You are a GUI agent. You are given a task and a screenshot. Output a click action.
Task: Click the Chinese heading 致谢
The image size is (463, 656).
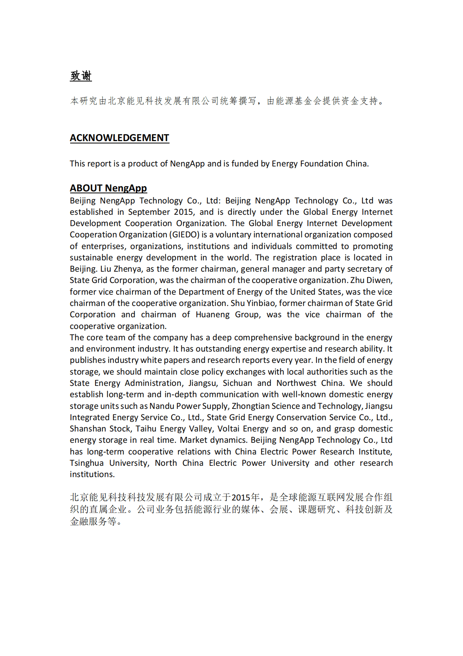pyautogui.click(x=81, y=76)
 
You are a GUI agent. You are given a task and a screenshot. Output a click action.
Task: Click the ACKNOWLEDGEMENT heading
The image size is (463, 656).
pyautogui.click(x=119, y=138)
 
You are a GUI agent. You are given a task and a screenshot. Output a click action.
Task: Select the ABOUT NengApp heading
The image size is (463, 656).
pyautogui.click(x=108, y=188)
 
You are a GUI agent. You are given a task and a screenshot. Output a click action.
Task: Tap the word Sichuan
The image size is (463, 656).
pyautogui.click(x=237, y=383)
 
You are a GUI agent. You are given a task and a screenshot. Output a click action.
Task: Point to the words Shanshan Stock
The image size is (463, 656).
pyautogui.click(x=100, y=429)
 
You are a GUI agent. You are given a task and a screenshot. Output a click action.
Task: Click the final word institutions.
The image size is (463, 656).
pyautogui.click(x=92, y=474)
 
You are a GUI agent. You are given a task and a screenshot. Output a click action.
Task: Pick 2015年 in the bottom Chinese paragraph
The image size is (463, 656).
pyautogui.click(x=246, y=497)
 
